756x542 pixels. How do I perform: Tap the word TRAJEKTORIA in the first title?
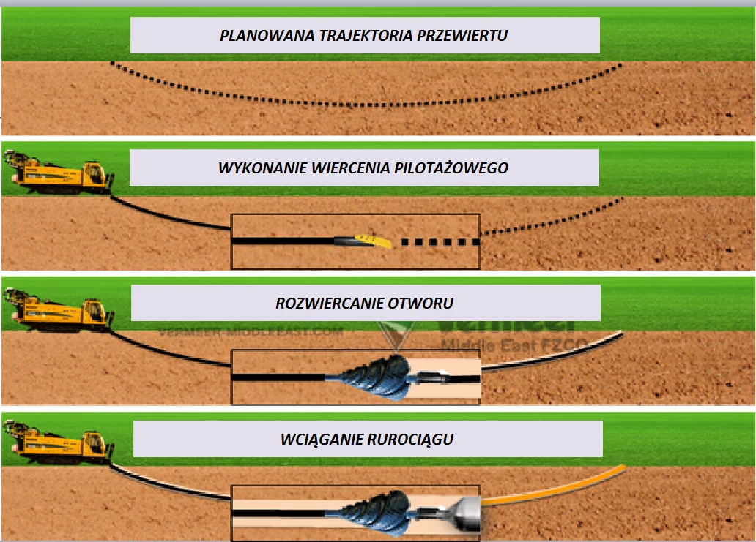[346, 35]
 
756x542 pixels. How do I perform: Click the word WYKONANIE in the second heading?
[256, 168]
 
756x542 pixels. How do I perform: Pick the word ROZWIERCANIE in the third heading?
[320, 303]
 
